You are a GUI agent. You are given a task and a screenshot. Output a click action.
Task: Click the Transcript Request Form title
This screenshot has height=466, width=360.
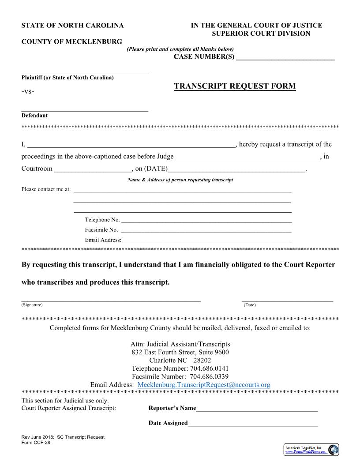235,86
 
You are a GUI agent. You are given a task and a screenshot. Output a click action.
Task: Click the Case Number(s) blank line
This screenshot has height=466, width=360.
285,58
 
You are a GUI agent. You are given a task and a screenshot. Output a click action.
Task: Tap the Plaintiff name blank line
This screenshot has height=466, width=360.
85,72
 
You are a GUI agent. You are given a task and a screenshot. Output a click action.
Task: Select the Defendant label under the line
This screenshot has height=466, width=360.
34,116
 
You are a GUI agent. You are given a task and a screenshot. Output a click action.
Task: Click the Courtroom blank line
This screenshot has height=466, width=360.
93,169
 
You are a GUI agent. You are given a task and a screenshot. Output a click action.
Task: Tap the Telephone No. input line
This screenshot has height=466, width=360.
206,221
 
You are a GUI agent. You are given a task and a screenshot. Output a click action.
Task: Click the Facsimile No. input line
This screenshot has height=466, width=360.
206,230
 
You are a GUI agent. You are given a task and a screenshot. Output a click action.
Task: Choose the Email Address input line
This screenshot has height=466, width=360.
206,241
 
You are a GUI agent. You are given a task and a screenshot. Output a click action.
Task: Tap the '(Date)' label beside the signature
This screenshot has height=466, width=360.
250,305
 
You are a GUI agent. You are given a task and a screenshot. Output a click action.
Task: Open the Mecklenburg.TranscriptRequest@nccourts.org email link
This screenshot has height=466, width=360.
204,385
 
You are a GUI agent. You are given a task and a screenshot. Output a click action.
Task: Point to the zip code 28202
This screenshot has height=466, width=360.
202,360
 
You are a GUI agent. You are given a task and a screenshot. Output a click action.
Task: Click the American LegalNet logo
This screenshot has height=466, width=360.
311,450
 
